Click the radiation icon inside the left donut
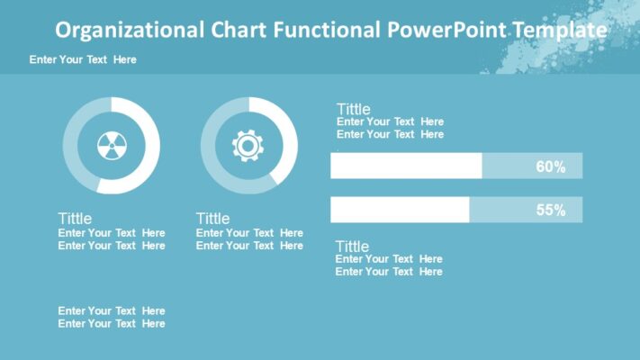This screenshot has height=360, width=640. pyautogui.click(x=111, y=146)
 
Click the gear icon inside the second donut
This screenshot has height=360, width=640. pyautogui.click(x=248, y=146)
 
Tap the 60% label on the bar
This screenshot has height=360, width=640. pyautogui.click(x=550, y=166)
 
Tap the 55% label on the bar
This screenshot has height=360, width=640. pyautogui.click(x=550, y=210)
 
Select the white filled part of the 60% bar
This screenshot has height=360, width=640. pyautogui.click(x=405, y=166)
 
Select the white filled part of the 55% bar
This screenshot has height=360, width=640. pyautogui.click(x=399, y=210)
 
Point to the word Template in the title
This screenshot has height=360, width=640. pyautogui.click(x=558, y=30)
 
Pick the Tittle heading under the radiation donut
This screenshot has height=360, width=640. pyautogui.click(x=75, y=219)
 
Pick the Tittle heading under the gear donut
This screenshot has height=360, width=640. pyautogui.click(x=212, y=219)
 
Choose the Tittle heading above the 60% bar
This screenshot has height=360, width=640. pyautogui.click(x=353, y=110)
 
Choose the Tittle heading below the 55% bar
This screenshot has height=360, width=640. pyautogui.click(x=352, y=247)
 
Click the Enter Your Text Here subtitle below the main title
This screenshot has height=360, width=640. pyautogui.click(x=83, y=59)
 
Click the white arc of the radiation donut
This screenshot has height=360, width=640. pyautogui.click(x=149, y=166)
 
